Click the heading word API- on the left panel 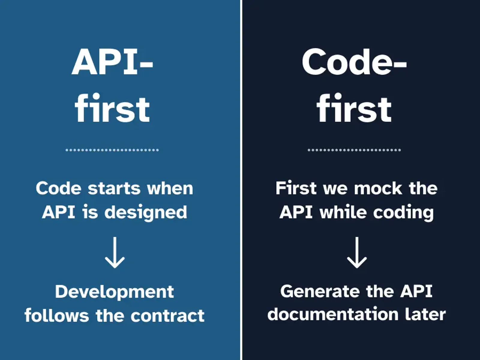[112, 63]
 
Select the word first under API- [112, 108]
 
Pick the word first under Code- [354, 108]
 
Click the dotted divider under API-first [112, 150]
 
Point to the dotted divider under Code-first [354, 150]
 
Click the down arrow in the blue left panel [115, 252]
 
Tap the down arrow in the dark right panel [357, 252]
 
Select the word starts [114, 188]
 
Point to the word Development [114, 292]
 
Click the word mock [378, 188]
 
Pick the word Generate [320, 292]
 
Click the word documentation [333, 314]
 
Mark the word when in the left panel [170, 188]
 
